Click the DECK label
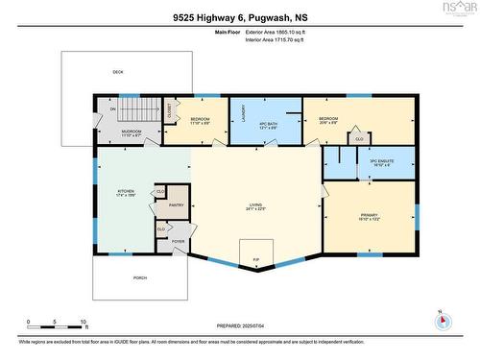coord(118,72)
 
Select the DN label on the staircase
coord(112,108)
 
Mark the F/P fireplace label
coord(255,259)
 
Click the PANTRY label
coord(176,205)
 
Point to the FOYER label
coord(178,241)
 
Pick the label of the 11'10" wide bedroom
coord(199,120)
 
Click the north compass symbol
coord(439,318)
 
